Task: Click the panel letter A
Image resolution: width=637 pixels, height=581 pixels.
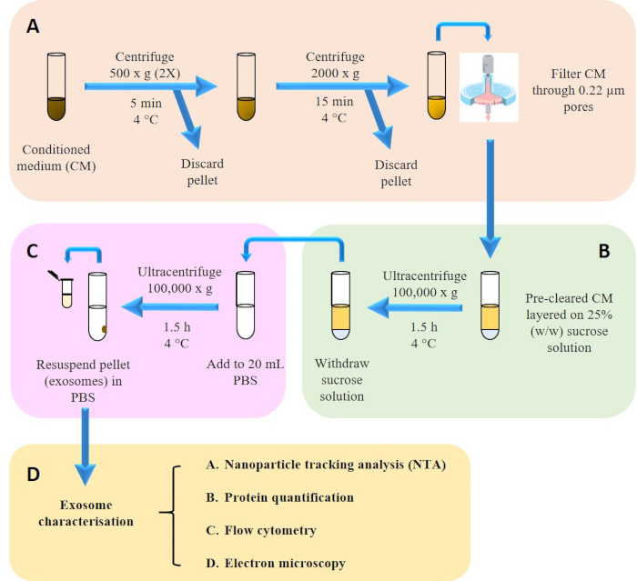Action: [x=33, y=26]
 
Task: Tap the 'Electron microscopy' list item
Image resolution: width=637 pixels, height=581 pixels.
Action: [x=276, y=563]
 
